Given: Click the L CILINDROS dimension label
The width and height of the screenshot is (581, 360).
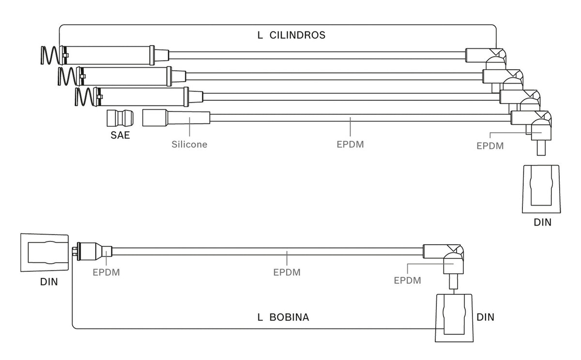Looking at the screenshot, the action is (x=291, y=35).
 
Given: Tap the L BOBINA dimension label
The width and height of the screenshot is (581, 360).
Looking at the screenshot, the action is (x=283, y=317).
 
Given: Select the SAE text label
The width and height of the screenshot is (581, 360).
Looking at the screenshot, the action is (x=120, y=135).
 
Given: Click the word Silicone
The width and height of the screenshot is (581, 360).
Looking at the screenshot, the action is (x=189, y=144).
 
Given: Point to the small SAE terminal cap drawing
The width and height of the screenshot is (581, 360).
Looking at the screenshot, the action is (x=120, y=118).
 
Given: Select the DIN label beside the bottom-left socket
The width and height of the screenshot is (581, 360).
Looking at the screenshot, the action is (x=49, y=282).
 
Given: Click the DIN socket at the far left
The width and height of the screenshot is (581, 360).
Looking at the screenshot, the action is (x=45, y=253).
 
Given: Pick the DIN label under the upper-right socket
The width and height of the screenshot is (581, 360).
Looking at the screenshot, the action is (x=542, y=223).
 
